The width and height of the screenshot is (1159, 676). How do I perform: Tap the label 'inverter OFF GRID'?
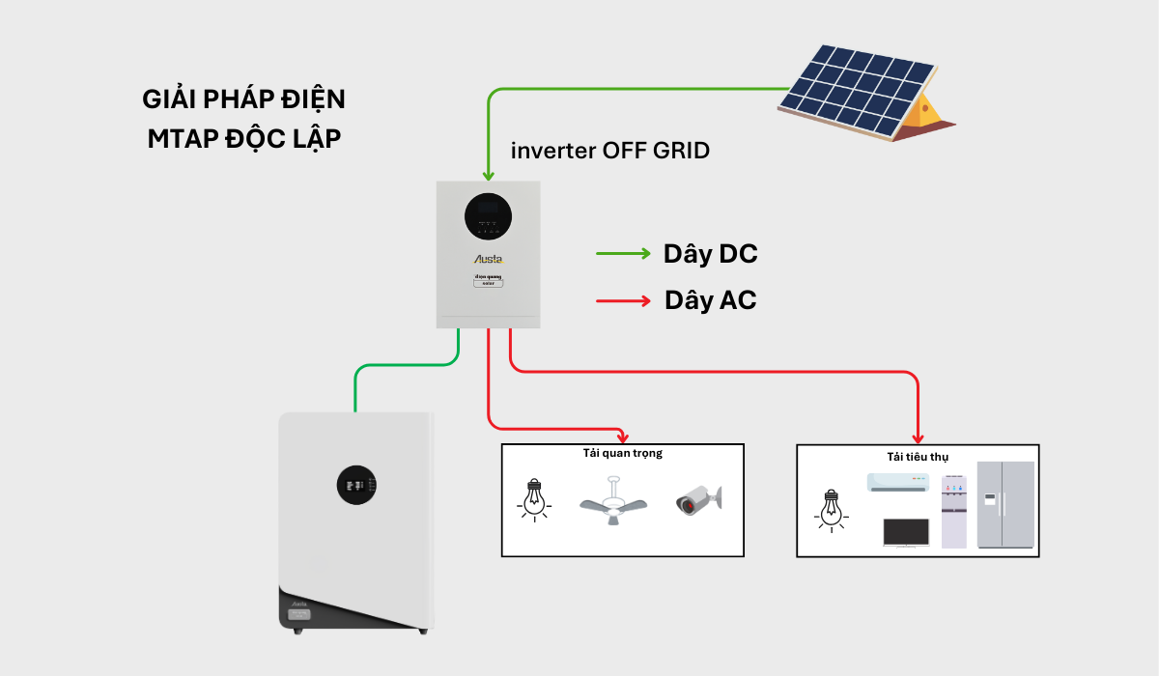coord(609,151)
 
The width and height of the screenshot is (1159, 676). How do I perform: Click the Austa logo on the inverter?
coord(488,259)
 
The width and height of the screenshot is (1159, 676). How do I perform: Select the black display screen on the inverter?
coord(489,216)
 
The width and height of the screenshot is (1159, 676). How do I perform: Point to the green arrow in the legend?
coord(623,254)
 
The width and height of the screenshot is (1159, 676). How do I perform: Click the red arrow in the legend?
coord(623,300)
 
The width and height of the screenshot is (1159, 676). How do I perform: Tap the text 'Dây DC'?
coord(710,254)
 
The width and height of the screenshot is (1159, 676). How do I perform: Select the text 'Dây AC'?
coord(710,300)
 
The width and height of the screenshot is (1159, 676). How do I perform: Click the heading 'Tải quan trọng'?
coord(622,453)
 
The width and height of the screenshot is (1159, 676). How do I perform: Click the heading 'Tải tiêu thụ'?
coord(917,456)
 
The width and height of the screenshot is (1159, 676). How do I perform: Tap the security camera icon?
coord(698,499)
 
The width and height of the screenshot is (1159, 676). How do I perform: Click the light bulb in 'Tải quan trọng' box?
coord(532,499)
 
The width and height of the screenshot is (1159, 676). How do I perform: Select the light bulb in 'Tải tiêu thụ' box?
coord(830,509)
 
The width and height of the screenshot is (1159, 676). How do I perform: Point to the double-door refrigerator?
coord(1005,504)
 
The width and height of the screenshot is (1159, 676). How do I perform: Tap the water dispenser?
coord(953,512)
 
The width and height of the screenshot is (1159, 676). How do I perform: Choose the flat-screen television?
coord(906,533)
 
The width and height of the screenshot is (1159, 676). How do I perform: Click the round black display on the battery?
coord(356,485)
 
